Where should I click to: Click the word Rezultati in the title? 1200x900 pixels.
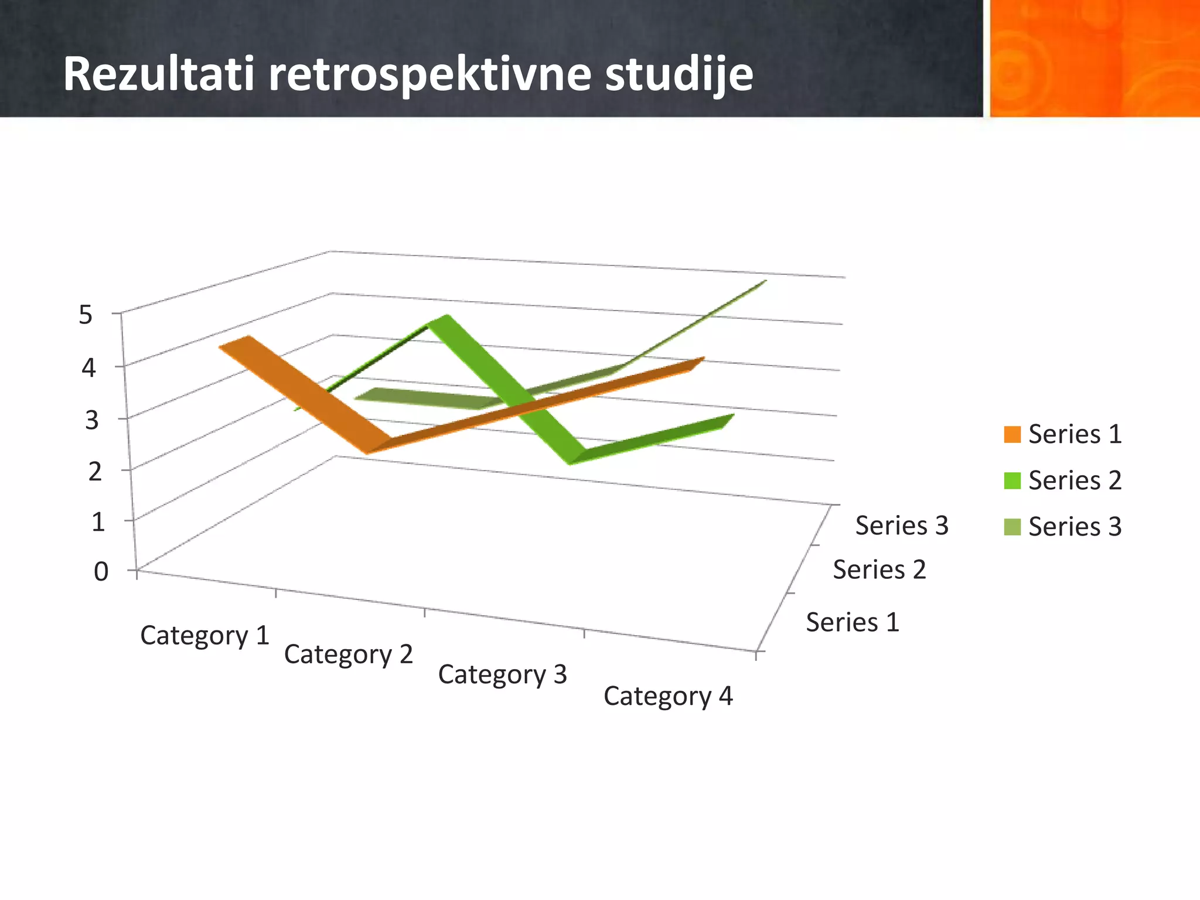click(158, 74)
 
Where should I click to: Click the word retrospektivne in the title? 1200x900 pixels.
click(429, 74)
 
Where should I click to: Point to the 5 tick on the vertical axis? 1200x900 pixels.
click(86, 315)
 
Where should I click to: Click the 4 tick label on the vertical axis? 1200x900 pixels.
click(88, 368)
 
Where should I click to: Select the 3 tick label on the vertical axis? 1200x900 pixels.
click(91, 420)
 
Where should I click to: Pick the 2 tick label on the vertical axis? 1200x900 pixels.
click(95, 472)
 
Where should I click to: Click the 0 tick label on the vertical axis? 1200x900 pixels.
click(101, 571)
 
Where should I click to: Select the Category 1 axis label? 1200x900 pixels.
click(204, 635)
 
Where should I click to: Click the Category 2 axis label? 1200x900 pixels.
click(349, 654)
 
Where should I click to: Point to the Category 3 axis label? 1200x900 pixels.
click(502, 674)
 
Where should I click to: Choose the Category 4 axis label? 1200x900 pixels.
click(668, 696)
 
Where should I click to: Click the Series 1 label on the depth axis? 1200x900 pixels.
click(852, 622)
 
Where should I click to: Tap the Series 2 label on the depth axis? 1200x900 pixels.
click(879, 570)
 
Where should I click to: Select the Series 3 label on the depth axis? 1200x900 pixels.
click(901, 525)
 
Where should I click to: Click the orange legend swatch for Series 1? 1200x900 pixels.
click(1012, 434)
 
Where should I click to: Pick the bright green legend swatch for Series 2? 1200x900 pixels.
click(1012, 480)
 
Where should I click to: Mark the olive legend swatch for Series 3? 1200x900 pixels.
click(1012, 527)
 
